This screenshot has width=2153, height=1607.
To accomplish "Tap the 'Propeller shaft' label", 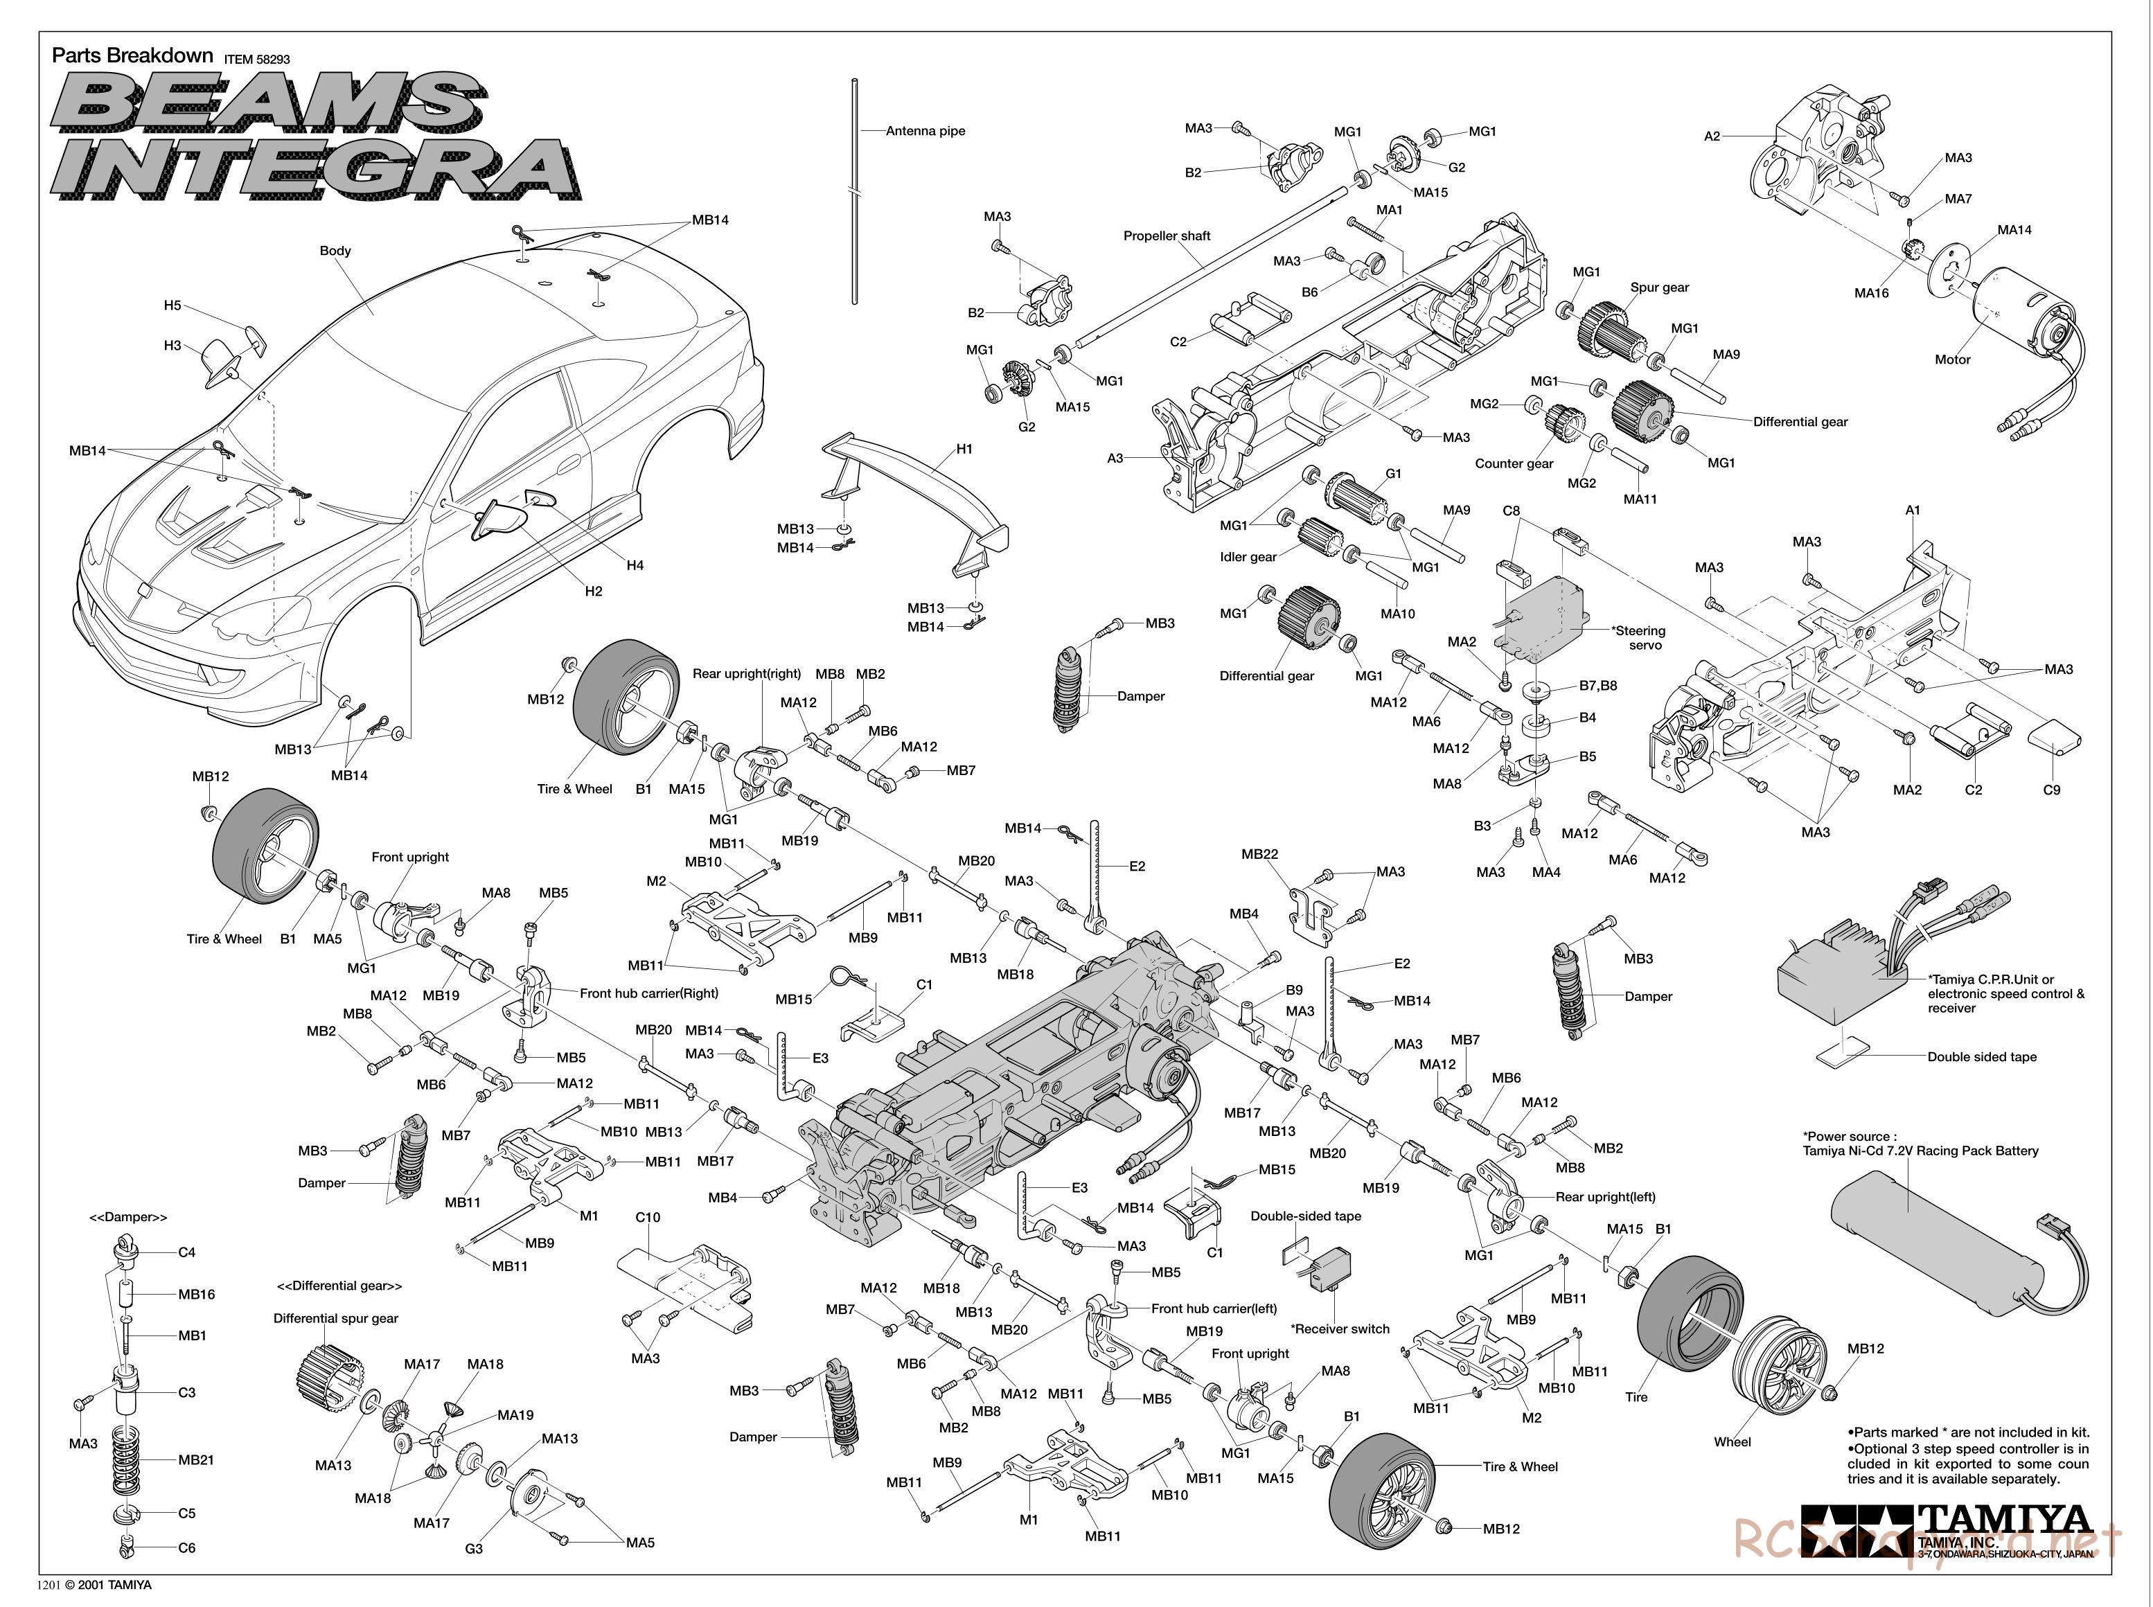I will (x=1167, y=236).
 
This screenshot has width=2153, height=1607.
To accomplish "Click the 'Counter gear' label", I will (x=1514, y=464).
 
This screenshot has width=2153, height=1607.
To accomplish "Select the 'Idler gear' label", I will (x=1248, y=558).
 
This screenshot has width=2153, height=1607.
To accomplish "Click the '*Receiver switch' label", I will (x=1340, y=1329).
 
